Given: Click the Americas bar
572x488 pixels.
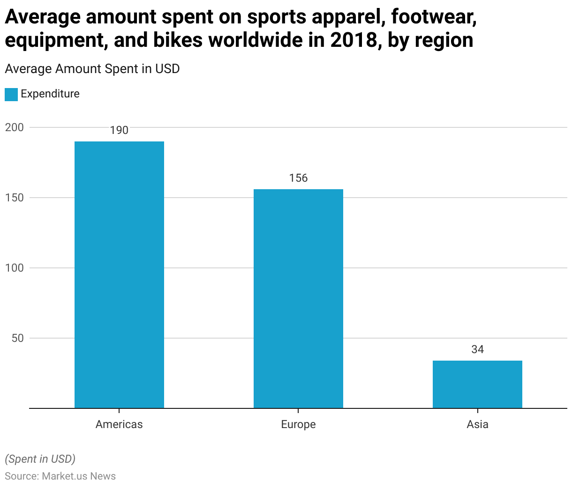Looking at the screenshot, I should coord(119,274).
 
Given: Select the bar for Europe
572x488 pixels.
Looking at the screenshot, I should coord(298,298).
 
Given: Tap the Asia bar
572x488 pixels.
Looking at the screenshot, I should coord(477,384).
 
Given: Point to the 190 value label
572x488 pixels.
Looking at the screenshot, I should coord(119,130).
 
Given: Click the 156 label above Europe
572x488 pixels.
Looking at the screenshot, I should coord(298,178).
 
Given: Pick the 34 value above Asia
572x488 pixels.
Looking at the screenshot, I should coord(477,349).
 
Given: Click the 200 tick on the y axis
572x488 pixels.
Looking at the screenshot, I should coord(14,127).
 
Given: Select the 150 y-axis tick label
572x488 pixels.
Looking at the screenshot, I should coord(14,198).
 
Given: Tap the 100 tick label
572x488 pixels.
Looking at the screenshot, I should coord(14,268).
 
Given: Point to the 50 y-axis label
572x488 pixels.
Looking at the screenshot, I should coord(17,338).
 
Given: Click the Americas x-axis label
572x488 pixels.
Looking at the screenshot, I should coord(119,424).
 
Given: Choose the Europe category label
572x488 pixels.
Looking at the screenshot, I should coord(298,424).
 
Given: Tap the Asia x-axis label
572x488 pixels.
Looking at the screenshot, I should coord(477,424).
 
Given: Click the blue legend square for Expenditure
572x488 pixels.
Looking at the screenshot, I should coord(11,94).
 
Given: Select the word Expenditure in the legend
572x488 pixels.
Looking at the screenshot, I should coord(50,94).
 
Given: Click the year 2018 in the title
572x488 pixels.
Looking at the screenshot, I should coord(353,40).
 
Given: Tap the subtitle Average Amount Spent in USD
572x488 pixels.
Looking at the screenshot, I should coord(92,69).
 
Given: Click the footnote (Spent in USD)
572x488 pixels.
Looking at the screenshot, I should coord(40,459).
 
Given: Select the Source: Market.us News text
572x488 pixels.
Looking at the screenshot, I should coord(60,476).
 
